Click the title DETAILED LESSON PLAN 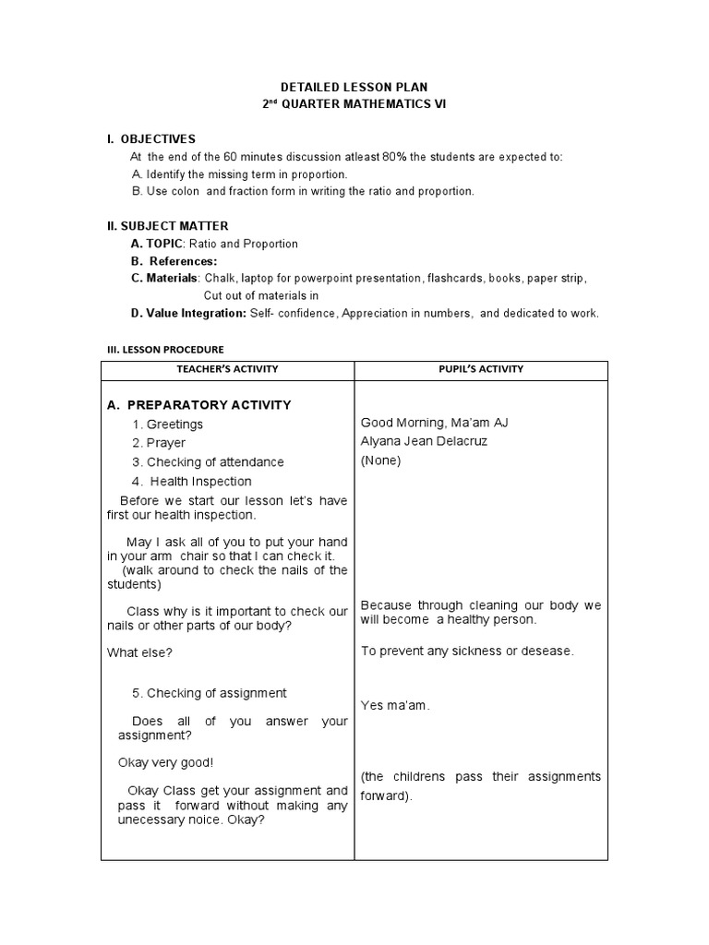point(354,87)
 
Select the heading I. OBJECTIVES point(151,138)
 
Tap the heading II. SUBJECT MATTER point(168,225)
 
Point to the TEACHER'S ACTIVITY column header point(227,369)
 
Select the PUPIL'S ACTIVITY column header point(480,369)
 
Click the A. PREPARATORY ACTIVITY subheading point(198,404)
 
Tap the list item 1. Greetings point(167,424)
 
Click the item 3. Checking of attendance point(208,461)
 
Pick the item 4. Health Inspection point(191,481)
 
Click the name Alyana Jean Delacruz point(424,441)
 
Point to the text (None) point(380,461)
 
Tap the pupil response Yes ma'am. point(395,705)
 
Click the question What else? point(139,652)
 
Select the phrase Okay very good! point(165,762)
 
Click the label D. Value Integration point(188,313)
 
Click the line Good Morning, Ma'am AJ point(434,423)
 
